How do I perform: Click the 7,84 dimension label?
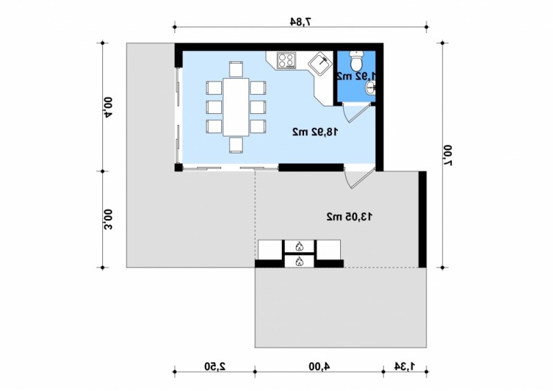[301, 22]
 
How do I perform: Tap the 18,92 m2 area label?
[315, 132]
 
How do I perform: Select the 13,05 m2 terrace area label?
[349, 216]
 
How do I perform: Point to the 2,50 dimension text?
[215, 366]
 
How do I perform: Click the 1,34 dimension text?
[404, 366]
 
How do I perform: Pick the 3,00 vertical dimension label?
[108, 219]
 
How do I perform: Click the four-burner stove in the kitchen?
[286, 60]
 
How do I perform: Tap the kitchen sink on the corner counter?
[320, 64]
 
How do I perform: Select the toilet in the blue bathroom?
[356, 61]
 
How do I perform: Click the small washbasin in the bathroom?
[371, 88]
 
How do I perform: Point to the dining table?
[236, 107]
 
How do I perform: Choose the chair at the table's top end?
[236, 69]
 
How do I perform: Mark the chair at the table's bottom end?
[236, 145]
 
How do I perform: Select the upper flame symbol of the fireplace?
[299, 246]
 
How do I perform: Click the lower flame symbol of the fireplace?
[299, 261]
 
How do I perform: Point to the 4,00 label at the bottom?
[319, 366]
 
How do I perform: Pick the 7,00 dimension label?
[447, 155]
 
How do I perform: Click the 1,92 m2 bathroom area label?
[356, 76]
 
